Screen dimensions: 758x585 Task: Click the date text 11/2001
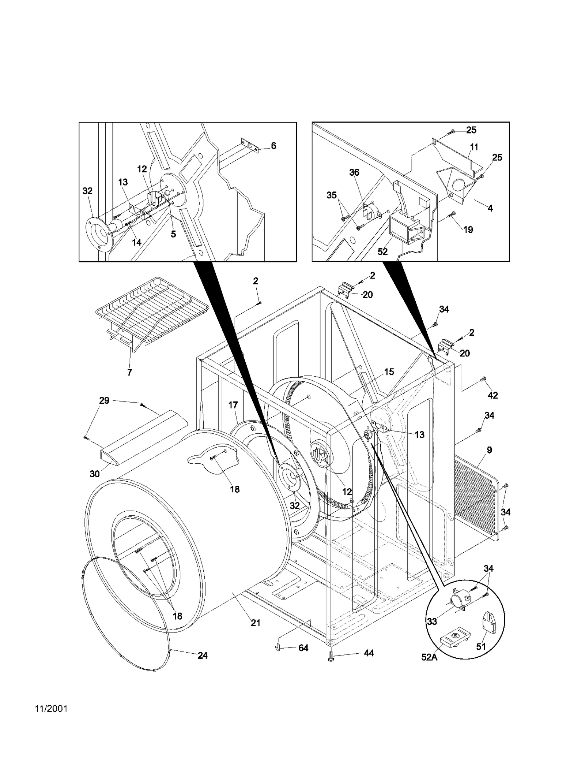tap(51, 719)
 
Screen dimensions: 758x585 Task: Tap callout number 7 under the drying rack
tap(129, 372)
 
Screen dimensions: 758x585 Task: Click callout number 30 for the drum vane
tap(95, 474)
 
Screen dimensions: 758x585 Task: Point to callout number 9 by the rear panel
tap(489, 450)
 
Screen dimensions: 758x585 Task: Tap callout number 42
tap(493, 395)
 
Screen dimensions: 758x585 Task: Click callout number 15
tap(389, 372)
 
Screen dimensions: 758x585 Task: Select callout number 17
tap(233, 405)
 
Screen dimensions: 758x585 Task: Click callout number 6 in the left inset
tap(273, 146)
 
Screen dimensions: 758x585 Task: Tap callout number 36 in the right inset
tap(354, 172)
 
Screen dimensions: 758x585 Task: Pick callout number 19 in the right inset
tap(468, 229)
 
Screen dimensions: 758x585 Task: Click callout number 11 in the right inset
tap(474, 147)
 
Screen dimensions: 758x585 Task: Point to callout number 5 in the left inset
tap(173, 234)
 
